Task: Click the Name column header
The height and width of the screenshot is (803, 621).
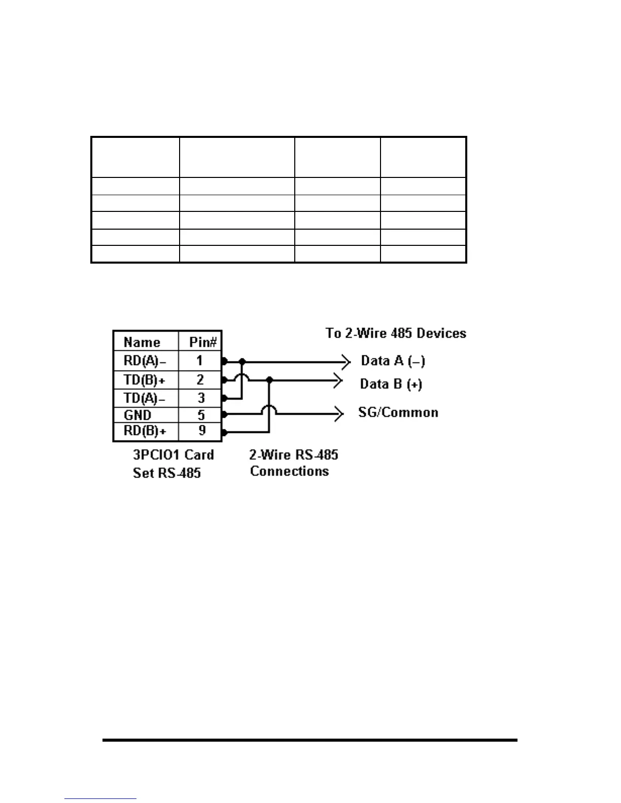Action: (x=142, y=342)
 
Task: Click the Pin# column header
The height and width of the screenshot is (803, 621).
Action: (x=202, y=342)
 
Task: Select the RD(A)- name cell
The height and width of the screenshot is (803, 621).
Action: (x=144, y=361)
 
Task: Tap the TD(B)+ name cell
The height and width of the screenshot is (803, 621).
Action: (x=144, y=379)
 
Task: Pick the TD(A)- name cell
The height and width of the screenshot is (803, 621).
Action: (x=144, y=398)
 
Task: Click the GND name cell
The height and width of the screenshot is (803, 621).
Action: (x=137, y=415)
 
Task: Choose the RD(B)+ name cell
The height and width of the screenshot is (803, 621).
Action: (x=144, y=431)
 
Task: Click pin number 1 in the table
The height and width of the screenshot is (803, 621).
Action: (x=200, y=361)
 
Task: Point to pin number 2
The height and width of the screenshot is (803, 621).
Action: (x=200, y=379)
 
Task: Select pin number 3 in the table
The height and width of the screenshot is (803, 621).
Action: (x=200, y=398)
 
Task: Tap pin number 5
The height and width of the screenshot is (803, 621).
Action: (x=201, y=415)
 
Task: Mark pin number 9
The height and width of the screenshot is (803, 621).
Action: (x=201, y=431)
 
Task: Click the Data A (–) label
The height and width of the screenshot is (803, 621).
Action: (x=393, y=361)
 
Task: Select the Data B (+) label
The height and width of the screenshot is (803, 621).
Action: (x=391, y=384)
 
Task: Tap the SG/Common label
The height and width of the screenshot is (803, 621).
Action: (x=398, y=412)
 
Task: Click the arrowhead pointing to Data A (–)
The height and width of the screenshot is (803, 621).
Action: (x=347, y=362)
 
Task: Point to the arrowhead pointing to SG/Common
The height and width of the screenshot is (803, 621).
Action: (x=340, y=414)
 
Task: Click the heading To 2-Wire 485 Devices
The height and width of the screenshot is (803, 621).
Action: (x=396, y=333)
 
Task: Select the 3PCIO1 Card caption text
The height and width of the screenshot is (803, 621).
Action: (x=173, y=455)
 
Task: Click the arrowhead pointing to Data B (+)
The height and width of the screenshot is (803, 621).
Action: (x=338, y=380)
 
